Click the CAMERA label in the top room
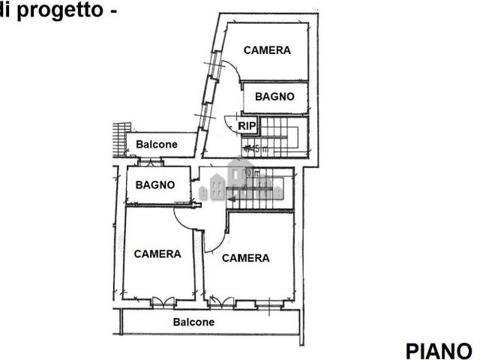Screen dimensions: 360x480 tap(267, 50)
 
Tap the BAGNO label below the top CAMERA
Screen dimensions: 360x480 tap(274, 97)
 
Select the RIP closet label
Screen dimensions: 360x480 tap(247, 126)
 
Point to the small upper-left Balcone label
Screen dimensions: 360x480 tap(157, 144)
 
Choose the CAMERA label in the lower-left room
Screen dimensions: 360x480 tap(157, 253)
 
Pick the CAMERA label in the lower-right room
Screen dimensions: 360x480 tap(245, 258)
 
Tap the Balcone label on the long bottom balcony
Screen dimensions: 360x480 tap(193, 322)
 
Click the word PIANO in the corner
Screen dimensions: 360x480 tap(439, 350)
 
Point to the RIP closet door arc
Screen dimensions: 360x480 tap(229, 122)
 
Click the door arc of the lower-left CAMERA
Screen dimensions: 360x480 tap(184, 220)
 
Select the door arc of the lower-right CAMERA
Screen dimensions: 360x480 tap(214, 242)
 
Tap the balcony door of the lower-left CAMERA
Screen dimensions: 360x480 tap(162, 302)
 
